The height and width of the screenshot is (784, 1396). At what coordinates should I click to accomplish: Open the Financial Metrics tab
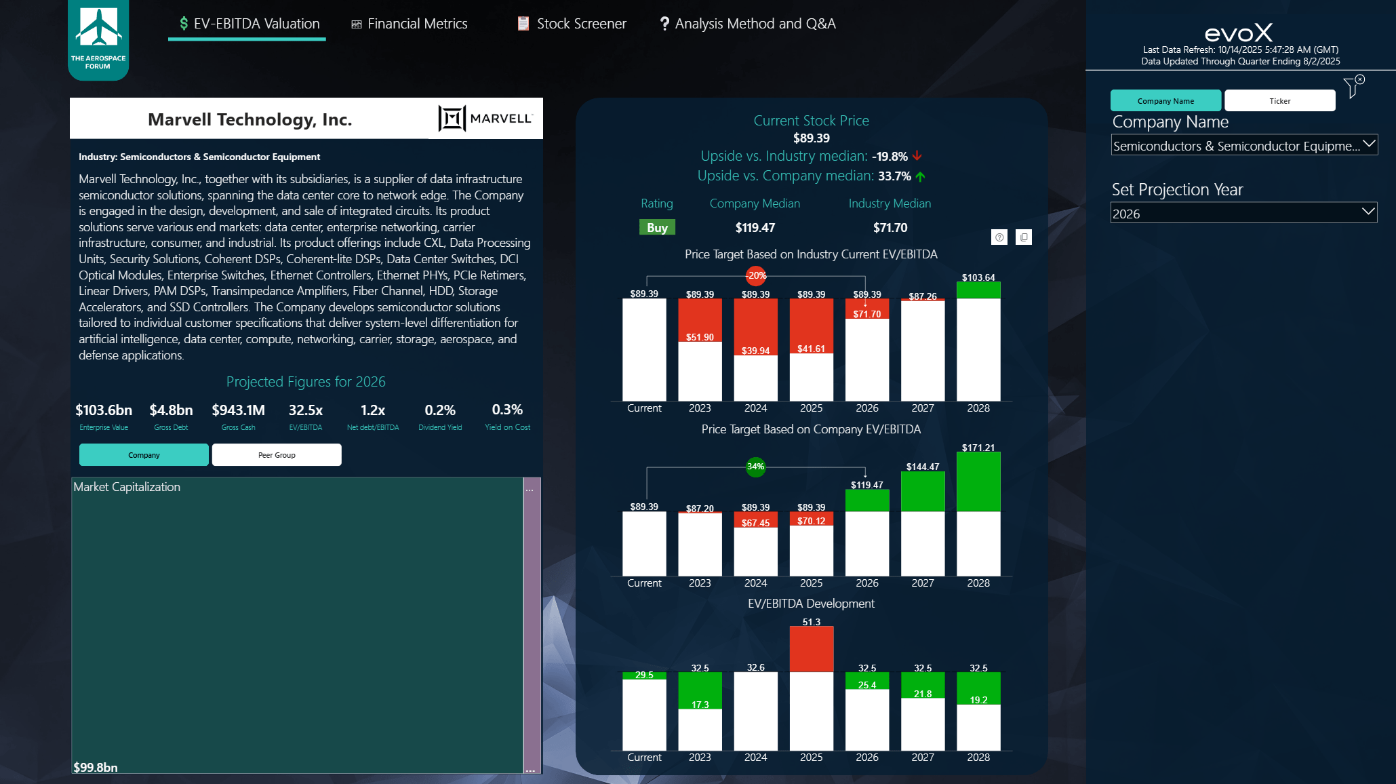click(410, 24)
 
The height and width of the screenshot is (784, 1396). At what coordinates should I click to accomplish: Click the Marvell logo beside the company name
click(485, 119)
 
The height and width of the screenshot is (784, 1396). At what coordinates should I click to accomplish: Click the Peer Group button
click(277, 455)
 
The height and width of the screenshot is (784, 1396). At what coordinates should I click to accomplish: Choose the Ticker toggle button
click(1279, 101)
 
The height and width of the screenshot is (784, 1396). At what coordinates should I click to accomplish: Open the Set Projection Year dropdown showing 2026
click(1243, 214)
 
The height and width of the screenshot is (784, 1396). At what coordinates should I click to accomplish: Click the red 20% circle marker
click(756, 275)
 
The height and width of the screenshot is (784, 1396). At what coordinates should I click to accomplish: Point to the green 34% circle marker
click(755, 467)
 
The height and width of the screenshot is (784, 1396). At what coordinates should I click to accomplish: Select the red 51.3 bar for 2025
click(811, 649)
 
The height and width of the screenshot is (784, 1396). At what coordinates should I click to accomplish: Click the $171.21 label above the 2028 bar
click(978, 448)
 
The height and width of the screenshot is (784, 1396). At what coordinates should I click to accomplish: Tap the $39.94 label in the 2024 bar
click(755, 351)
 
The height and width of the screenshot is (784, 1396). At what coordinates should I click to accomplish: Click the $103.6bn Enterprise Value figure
click(104, 410)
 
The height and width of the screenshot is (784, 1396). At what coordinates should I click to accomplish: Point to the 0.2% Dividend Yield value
click(440, 410)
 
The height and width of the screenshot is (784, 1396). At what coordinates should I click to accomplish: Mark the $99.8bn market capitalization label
click(96, 767)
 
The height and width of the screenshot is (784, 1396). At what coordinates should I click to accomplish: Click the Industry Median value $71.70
click(890, 228)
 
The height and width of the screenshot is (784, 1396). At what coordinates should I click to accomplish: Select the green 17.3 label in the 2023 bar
click(700, 705)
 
